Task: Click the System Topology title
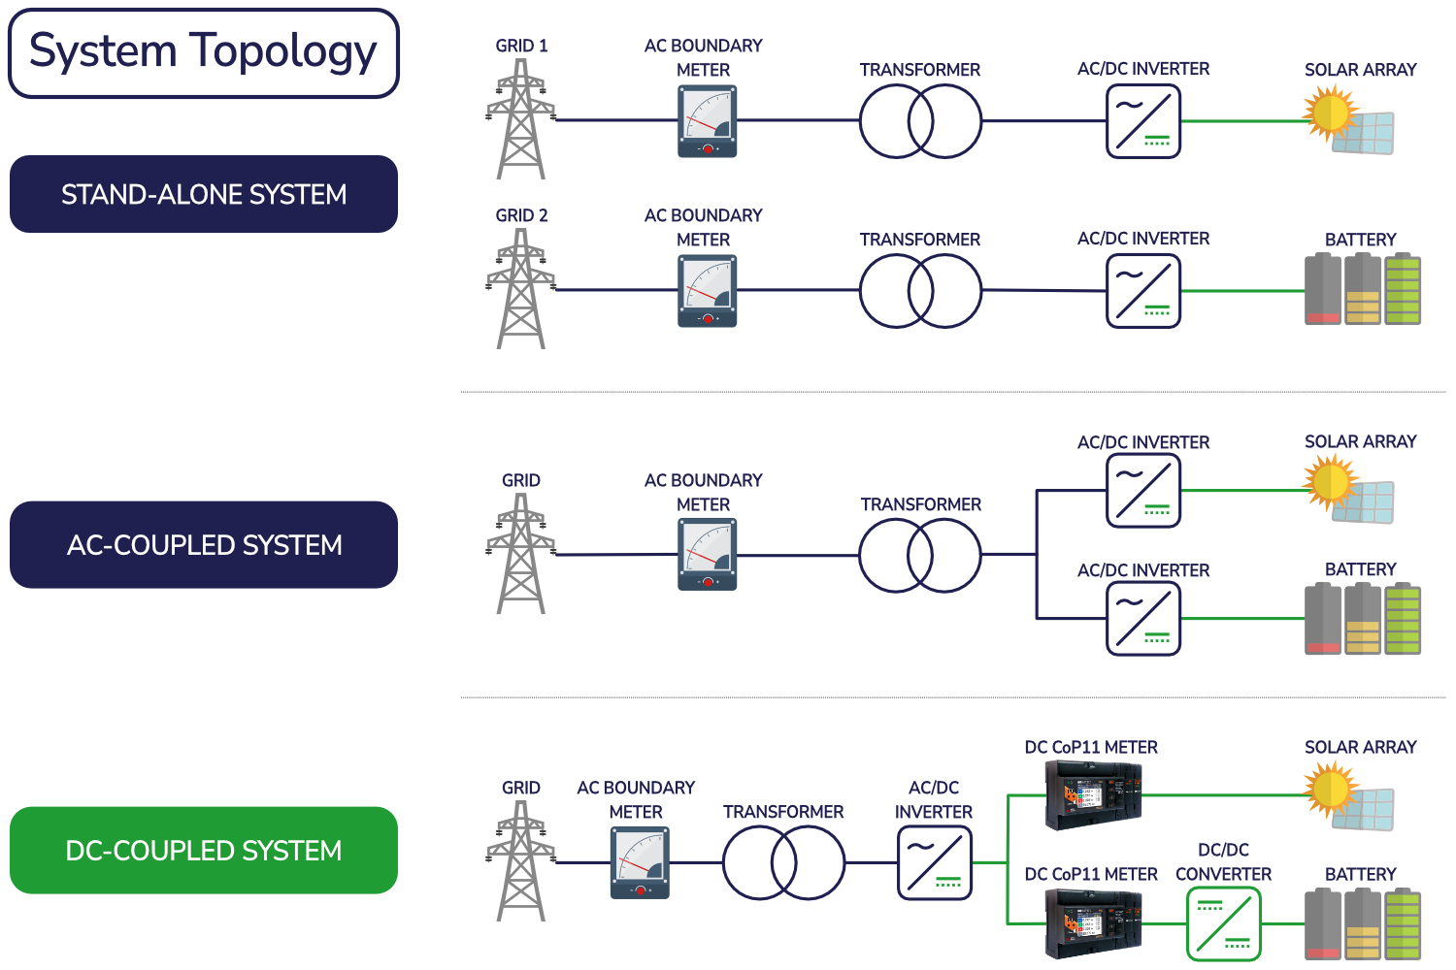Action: [203, 52]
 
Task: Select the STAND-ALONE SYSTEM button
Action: [204, 194]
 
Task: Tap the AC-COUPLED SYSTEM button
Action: [204, 544]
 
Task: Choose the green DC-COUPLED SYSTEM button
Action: [204, 850]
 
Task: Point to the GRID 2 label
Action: [521, 215]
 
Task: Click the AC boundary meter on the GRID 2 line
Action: [707, 291]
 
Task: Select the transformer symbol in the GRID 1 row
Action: [920, 121]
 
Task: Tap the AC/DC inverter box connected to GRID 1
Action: [1143, 121]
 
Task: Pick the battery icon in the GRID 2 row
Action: [1362, 289]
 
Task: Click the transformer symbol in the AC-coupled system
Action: [920, 555]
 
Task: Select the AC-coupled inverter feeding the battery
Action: [1143, 619]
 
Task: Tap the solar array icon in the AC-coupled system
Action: [1350, 491]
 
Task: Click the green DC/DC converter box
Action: [1223, 923]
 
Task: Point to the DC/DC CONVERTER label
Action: [1223, 862]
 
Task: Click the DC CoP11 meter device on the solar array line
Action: [1093, 795]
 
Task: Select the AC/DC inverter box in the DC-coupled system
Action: [934, 862]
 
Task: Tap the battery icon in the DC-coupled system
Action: [1362, 923]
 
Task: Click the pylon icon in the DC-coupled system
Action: [521, 861]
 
